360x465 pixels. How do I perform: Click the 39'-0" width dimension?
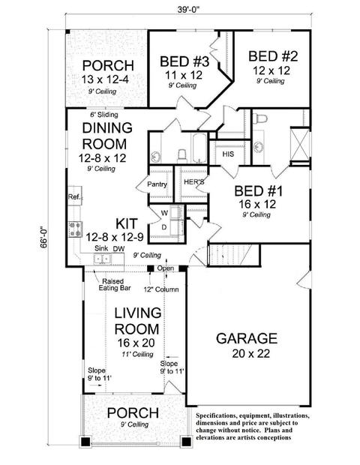188,9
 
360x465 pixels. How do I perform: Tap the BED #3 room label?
184,61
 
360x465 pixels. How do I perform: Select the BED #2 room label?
273,56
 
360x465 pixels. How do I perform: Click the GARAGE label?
247,338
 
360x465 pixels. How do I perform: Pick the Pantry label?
157,184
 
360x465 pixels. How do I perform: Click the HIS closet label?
228,154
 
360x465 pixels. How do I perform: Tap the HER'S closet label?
194,181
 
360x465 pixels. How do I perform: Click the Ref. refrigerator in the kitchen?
75,196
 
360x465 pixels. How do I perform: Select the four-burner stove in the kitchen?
75,229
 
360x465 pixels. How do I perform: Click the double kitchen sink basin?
102,259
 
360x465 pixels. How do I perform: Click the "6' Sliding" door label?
104,115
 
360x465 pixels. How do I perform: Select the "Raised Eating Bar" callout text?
115,284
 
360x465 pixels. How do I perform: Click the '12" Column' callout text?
161,289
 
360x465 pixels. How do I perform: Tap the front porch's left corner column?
85,442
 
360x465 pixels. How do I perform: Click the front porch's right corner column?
186,442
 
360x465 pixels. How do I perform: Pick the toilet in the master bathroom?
261,118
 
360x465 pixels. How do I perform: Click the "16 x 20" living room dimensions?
136,343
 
